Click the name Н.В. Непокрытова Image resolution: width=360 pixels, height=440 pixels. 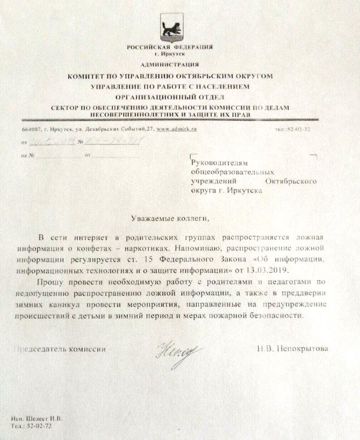point(292,348)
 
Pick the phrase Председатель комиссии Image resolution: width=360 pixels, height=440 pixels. point(60,348)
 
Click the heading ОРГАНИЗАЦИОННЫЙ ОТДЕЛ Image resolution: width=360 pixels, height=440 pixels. point(170,97)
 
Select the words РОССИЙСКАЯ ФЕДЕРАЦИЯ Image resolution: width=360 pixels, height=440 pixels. point(170,46)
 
